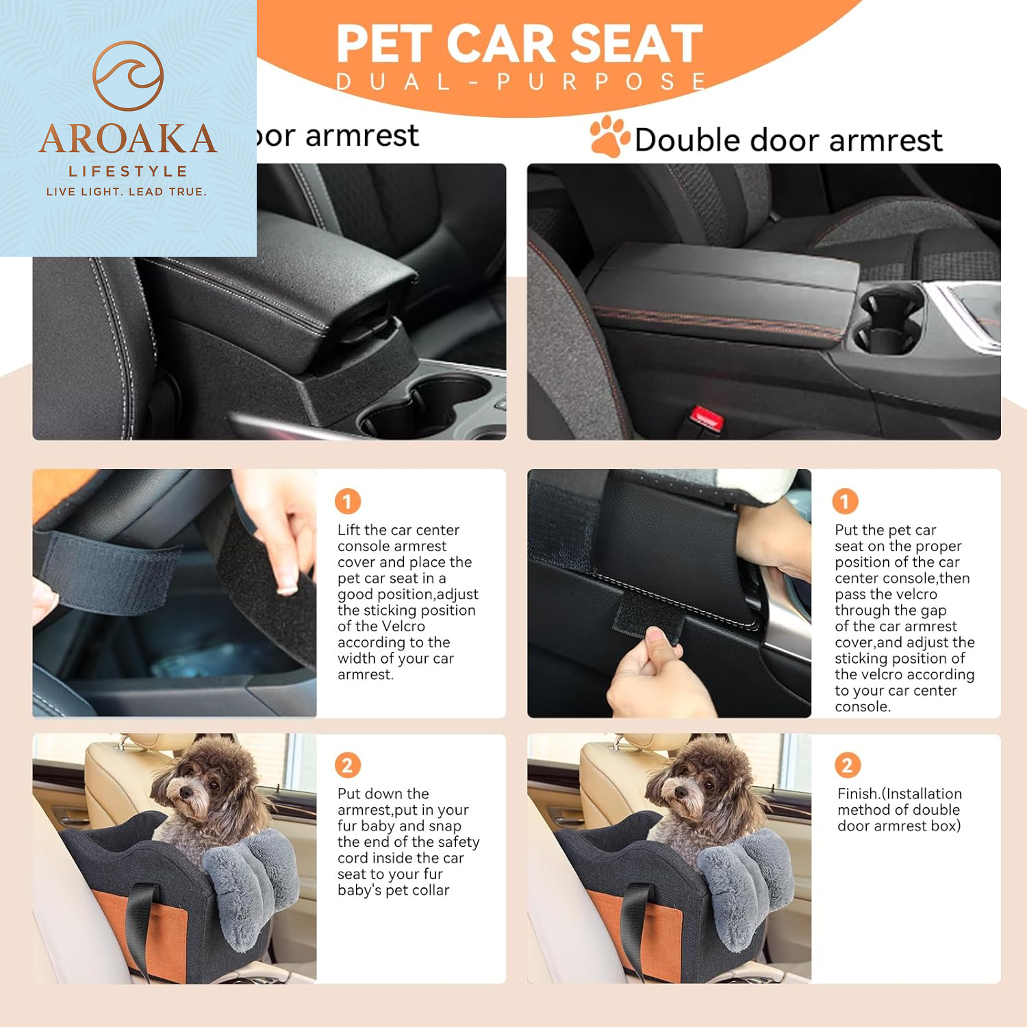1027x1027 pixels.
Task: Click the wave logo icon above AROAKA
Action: point(128,75)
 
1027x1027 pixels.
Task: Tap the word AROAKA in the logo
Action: point(128,139)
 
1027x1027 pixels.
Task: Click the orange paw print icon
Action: point(609,136)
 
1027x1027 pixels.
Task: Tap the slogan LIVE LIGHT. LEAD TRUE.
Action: point(127,192)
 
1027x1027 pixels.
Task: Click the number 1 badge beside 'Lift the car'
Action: point(348,501)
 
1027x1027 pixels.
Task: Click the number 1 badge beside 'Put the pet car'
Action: point(845,501)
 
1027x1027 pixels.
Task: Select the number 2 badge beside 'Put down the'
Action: point(348,765)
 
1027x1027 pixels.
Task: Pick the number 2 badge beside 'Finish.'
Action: point(848,765)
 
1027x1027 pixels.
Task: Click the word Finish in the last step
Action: point(858,794)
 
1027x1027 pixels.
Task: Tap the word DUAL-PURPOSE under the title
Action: point(520,82)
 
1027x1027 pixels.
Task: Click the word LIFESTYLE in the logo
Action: point(128,171)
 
